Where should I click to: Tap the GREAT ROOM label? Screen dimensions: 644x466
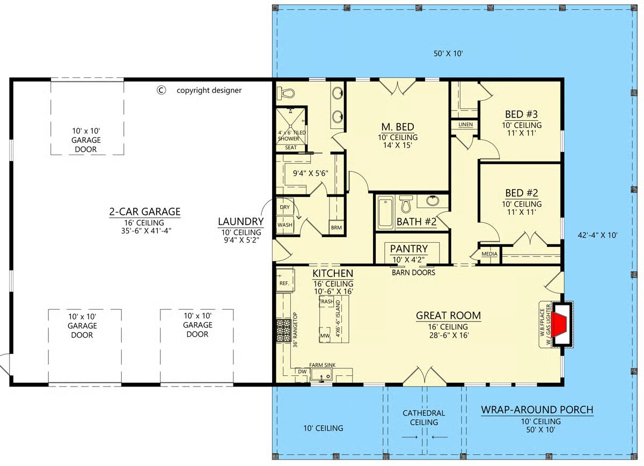448,316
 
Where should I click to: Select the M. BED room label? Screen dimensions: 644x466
398,127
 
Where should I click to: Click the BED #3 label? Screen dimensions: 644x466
521,114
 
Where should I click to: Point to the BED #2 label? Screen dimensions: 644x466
522,193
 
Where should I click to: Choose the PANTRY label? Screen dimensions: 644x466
409,249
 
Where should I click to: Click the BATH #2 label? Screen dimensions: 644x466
416,222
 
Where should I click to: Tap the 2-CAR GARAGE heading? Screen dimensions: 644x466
144,212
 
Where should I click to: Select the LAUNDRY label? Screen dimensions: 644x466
240,222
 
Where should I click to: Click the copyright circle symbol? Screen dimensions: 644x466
162,90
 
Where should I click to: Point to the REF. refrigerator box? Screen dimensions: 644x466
285,280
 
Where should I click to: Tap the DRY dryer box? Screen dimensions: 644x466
284,207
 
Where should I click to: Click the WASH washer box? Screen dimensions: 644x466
284,224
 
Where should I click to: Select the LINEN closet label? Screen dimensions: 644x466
465,124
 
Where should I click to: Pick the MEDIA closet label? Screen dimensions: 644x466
489,254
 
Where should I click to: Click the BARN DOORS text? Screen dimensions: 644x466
413,272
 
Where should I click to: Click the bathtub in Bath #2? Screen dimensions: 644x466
385,213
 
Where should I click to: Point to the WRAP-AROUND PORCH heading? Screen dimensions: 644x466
537,410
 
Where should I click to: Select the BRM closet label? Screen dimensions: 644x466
336,228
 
